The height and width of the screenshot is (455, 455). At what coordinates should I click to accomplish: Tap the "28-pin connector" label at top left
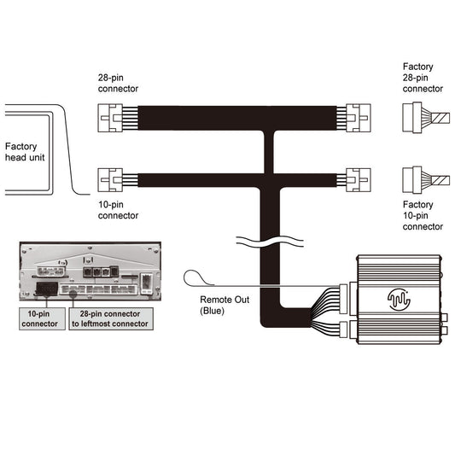click(118, 82)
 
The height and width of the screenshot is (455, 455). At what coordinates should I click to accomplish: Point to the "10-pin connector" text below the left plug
click(118, 211)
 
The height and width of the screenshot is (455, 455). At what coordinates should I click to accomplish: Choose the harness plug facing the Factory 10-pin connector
click(357, 179)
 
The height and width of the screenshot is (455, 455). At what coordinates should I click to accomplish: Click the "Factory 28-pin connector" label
click(423, 77)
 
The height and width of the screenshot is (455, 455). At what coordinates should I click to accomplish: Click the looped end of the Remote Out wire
click(195, 277)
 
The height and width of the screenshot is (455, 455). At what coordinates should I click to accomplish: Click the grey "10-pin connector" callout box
click(41, 318)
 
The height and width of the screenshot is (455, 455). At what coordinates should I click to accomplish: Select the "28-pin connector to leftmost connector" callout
click(109, 318)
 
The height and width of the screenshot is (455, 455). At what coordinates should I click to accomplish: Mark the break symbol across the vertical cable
click(271, 240)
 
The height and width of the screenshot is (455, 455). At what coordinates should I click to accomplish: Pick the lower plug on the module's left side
click(345, 329)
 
